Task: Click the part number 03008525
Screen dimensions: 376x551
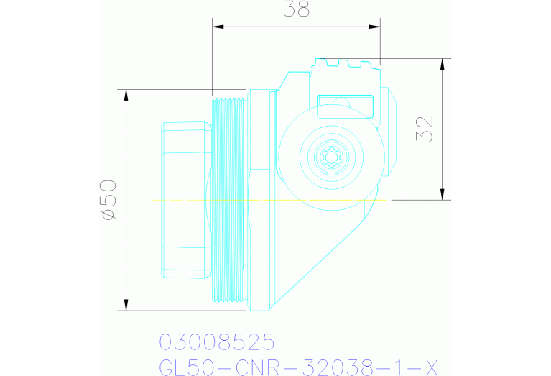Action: point(216,341)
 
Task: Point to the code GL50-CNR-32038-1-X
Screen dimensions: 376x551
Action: point(297,366)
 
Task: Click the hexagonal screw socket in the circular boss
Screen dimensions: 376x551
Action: point(332,157)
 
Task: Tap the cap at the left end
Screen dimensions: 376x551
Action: point(185,199)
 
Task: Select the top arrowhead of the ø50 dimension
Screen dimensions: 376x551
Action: point(126,94)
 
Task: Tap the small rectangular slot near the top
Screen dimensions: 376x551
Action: point(346,106)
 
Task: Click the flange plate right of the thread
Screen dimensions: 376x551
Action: point(261,199)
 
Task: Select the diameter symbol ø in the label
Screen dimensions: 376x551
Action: point(107,214)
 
